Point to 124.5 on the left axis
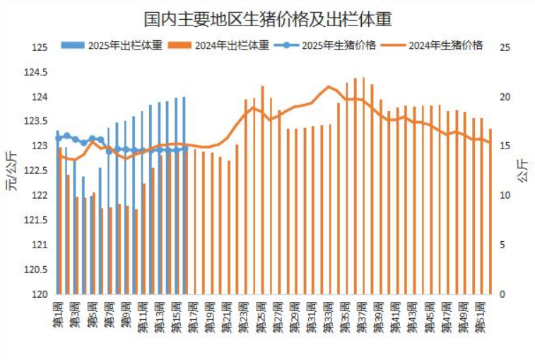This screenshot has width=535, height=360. [38, 72]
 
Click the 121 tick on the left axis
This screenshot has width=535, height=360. [41, 245]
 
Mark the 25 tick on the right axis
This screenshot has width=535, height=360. [505, 47]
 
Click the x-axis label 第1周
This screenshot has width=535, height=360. [59, 314]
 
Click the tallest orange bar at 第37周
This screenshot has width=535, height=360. [363, 185]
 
